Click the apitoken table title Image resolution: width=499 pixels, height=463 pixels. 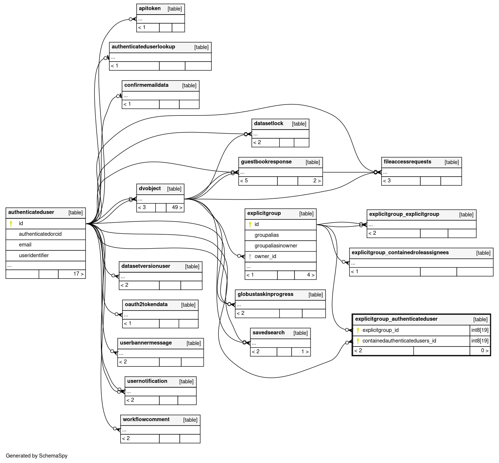point(149,8)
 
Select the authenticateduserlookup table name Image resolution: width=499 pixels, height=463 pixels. point(143,47)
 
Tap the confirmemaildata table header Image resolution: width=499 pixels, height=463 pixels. point(146,85)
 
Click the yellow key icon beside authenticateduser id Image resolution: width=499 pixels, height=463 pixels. point(11,223)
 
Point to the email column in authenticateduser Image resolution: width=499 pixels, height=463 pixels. point(25,245)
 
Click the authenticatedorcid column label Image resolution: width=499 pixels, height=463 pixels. point(40,234)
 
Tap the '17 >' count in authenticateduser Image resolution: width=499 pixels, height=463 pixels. point(78,274)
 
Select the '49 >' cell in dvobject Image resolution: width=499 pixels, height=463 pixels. point(177,207)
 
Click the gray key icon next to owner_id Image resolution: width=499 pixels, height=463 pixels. point(250,257)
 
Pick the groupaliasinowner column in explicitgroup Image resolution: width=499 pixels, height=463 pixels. point(276,246)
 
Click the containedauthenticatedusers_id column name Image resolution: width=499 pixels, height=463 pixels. point(399,341)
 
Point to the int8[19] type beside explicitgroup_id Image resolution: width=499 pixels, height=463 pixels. point(480,330)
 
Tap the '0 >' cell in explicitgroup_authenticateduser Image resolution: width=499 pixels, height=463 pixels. point(484,351)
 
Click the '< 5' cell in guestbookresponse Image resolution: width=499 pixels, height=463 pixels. point(244,181)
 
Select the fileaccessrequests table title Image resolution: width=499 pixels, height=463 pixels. point(407,162)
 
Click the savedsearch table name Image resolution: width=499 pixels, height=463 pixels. point(268,332)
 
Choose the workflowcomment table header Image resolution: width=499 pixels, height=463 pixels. point(146,419)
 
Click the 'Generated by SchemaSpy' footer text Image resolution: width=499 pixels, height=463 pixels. point(36,456)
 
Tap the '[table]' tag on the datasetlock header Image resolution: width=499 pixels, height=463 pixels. point(299,124)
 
